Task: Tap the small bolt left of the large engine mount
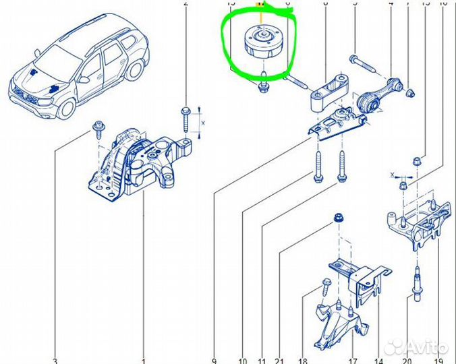99,126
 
